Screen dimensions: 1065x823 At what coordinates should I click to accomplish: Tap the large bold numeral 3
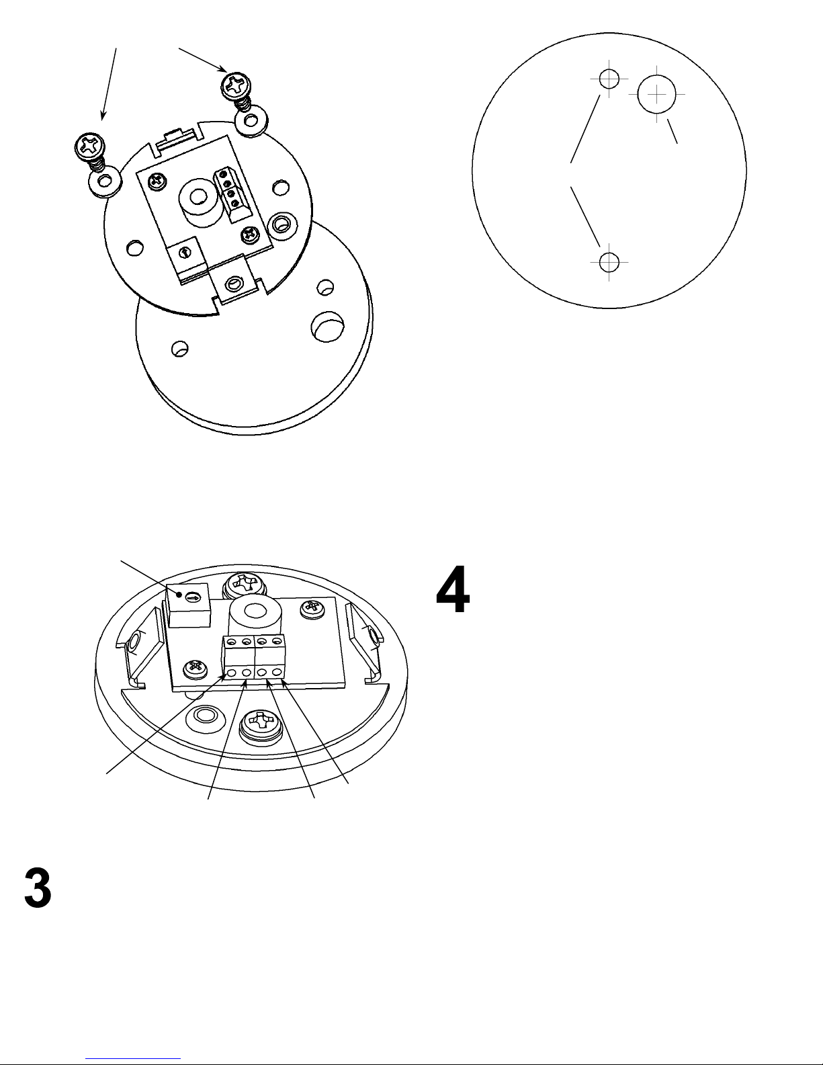[x=38, y=888]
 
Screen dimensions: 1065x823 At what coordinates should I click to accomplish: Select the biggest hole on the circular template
[x=656, y=95]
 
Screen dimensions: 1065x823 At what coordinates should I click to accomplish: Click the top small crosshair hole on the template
[x=609, y=79]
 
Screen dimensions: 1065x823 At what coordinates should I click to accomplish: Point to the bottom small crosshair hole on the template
[x=609, y=260]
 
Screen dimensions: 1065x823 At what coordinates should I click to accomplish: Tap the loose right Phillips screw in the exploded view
[x=236, y=85]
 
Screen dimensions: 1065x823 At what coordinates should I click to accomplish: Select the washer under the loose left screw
[x=103, y=181]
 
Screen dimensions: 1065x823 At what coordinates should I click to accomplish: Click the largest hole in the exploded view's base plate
[x=327, y=329]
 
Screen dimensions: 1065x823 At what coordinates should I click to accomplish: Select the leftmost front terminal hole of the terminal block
[x=232, y=673]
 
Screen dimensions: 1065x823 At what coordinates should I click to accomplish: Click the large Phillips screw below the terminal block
[x=258, y=726]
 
